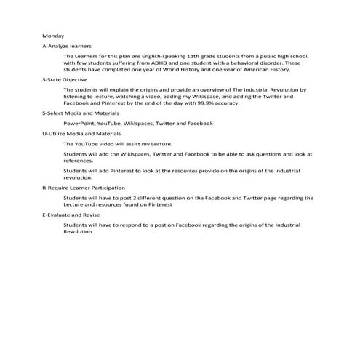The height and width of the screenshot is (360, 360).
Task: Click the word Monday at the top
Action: pyautogui.click(x=53, y=36)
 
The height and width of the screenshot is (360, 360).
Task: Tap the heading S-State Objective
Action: pyautogui.click(x=65, y=79)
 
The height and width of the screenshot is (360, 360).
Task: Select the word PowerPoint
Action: pyautogui.click(x=78, y=124)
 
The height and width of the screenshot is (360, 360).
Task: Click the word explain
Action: pyautogui.click(x=127, y=89)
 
